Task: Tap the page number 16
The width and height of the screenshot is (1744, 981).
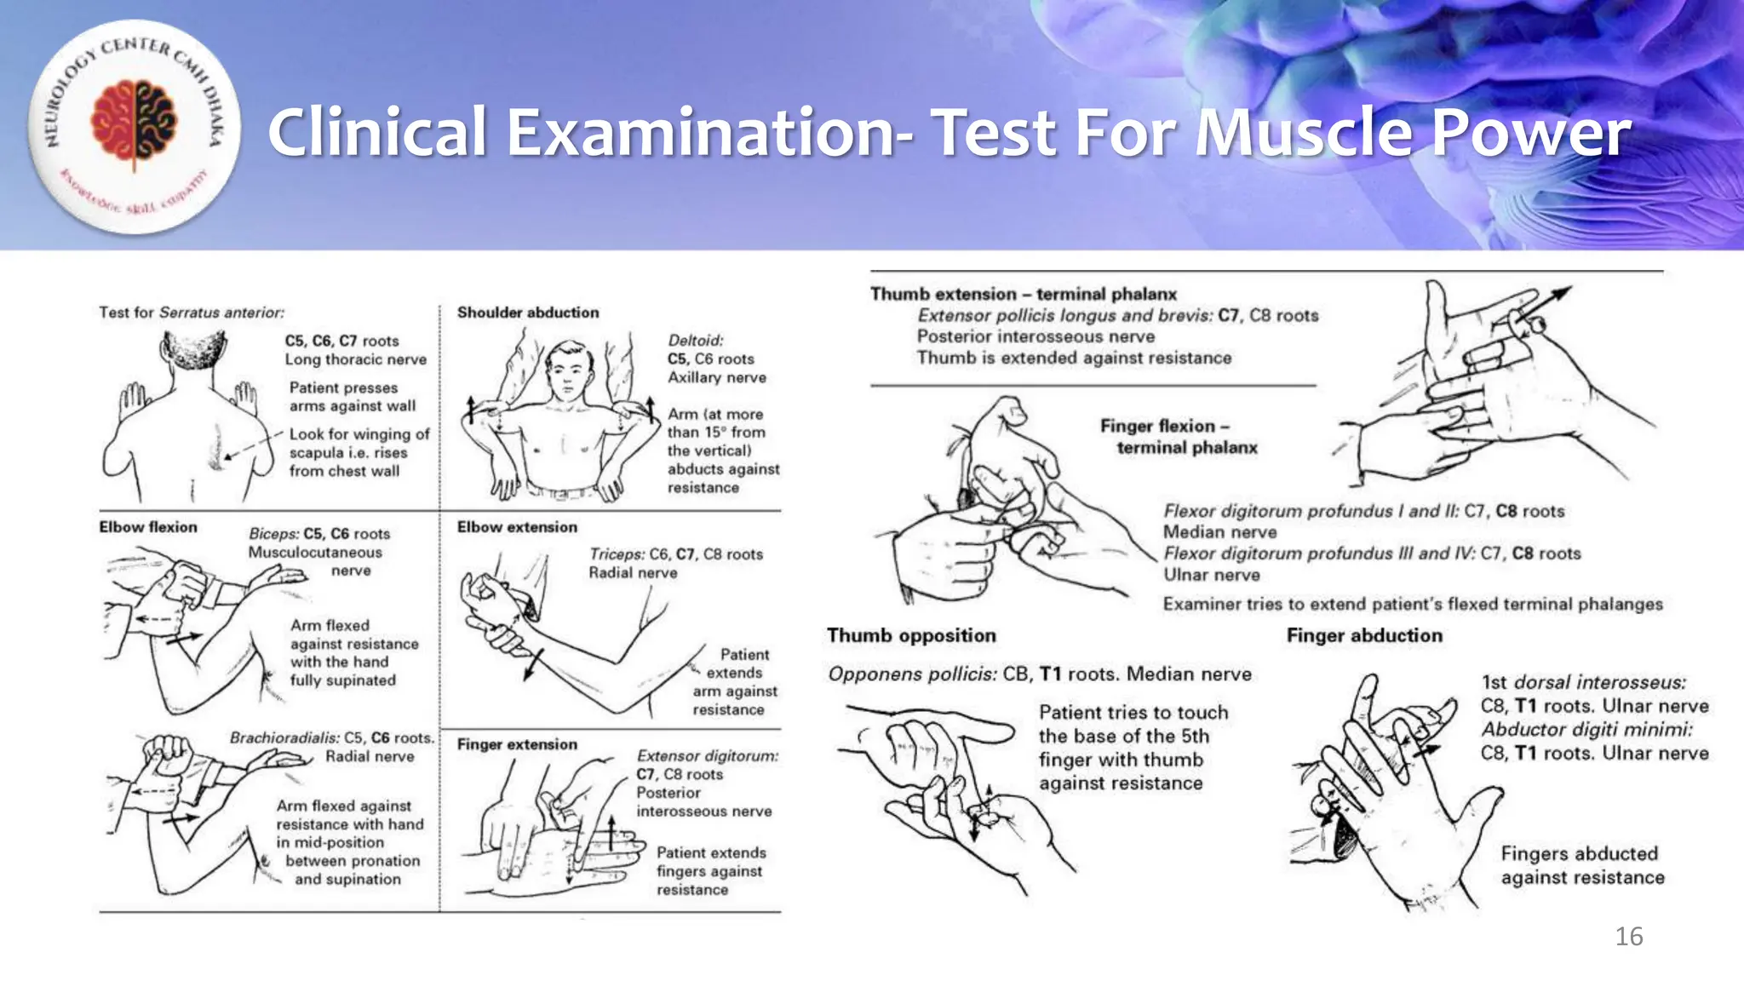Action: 1628,937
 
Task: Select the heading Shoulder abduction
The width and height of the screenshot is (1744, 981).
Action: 528,313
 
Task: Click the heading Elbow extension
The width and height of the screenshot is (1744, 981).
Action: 517,527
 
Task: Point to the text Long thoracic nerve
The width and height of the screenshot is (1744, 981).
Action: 355,359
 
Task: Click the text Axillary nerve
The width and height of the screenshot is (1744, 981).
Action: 716,377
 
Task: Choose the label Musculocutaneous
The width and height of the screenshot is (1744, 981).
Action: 315,552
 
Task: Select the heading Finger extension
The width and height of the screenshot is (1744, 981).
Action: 517,744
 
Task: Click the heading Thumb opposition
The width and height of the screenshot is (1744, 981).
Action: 910,635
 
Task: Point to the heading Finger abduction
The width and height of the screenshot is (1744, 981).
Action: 1363,635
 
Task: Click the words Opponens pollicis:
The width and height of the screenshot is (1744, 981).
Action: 911,674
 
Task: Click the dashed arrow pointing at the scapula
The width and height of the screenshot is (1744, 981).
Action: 253,445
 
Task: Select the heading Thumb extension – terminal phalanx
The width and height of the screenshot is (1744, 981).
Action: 1023,294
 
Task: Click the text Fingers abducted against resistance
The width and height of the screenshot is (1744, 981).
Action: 1581,865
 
